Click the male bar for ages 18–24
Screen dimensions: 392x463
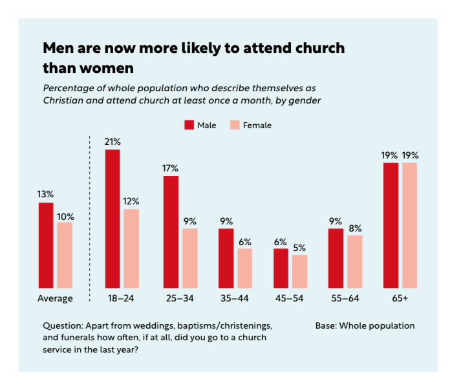(113, 219)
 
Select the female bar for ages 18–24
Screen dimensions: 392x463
(131, 248)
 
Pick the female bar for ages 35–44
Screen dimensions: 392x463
(244, 268)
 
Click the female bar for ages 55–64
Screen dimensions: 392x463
(354, 261)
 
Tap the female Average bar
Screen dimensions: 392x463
(65, 255)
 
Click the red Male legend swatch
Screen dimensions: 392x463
(189, 125)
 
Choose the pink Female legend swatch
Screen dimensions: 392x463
(235, 125)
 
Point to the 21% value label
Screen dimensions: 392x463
(113, 141)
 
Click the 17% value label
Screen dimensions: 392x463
(171, 168)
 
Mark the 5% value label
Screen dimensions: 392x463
(299, 247)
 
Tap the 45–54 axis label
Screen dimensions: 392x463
(290, 298)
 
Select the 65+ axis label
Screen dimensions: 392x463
(400, 298)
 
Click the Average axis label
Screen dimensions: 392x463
(55, 298)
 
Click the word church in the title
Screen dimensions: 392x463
(312, 49)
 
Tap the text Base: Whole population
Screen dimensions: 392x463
(365, 325)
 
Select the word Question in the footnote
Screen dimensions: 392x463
(63, 325)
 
